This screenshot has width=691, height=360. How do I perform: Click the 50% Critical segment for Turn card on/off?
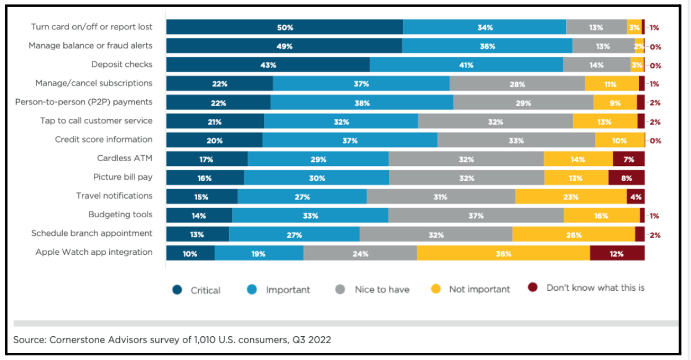[x=284, y=27]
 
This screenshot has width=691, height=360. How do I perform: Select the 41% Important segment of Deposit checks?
[x=466, y=64]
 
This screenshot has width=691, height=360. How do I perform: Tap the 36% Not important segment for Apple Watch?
[x=503, y=253]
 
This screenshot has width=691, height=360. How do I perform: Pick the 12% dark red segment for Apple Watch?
[x=617, y=253]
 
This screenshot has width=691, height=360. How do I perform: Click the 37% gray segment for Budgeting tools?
[x=475, y=216]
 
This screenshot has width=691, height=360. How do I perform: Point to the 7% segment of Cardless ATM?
[x=628, y=159]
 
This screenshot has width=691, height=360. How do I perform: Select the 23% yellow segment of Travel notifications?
[x=570, y=196]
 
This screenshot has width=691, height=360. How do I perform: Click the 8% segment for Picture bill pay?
[x=626, y=177]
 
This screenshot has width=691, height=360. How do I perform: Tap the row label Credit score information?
[x=103, y=140]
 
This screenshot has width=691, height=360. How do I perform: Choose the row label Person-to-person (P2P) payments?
[x=84, y=102]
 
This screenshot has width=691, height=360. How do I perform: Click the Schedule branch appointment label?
[x=92, y=233]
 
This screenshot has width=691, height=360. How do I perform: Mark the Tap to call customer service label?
[x=96, y=121]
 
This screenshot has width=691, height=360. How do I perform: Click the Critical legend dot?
[x=177, y=290]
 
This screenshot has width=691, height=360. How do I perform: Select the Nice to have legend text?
[x=382, y=290]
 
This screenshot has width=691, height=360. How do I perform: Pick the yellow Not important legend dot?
[x=436, y=290]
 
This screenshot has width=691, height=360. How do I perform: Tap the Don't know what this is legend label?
[x=595, y=288]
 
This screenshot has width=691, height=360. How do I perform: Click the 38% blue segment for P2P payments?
[x=361, y=102]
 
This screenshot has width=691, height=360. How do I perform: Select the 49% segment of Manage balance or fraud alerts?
[x=284, y=46]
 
